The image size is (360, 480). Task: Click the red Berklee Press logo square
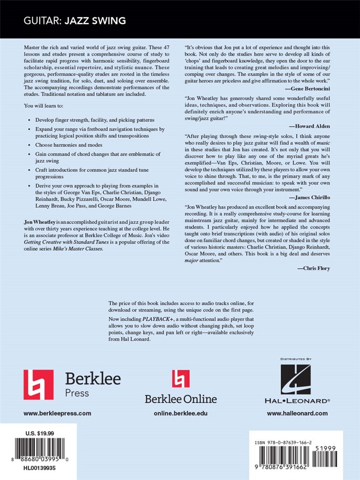tap(38, 384)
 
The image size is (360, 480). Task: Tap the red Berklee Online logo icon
tap(180, 379)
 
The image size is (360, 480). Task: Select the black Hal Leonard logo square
tap(295, 379)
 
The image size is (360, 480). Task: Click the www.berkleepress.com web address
tap(57, 413)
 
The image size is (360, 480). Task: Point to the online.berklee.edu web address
tap(180, 413)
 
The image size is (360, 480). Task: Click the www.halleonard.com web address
tap(297, 413)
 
